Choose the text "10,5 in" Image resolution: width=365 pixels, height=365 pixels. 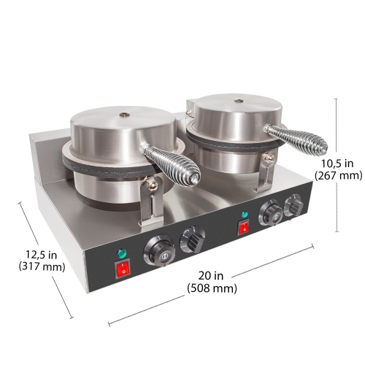pos(338,162)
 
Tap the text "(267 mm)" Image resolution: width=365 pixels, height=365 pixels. pos(338,175)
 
